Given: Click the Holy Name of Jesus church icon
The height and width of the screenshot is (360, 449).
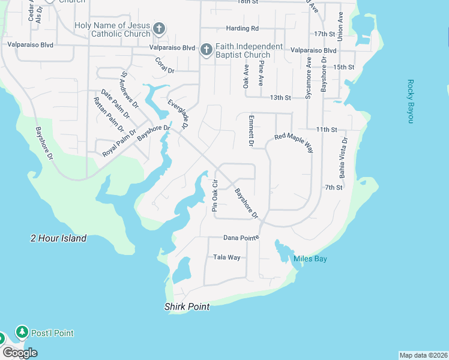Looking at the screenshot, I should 159,28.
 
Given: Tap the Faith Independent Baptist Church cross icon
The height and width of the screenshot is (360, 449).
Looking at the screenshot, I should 206,50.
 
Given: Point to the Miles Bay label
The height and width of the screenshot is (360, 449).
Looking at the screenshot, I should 310,259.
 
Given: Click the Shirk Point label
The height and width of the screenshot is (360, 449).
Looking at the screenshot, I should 187,307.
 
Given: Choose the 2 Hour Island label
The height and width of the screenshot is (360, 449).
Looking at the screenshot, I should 59,238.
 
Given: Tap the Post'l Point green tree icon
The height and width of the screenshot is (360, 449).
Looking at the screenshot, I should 22,332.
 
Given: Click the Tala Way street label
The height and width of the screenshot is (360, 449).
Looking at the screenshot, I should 227,257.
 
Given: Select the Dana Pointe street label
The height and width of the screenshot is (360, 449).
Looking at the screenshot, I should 241,238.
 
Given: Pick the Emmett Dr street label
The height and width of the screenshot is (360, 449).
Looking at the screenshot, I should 252,130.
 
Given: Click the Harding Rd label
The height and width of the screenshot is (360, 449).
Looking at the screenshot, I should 243,28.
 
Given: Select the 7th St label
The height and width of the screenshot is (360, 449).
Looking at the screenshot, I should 334,188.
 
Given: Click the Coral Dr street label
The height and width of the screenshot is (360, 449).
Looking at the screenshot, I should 164,65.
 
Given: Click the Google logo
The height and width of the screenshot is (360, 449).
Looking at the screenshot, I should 20,353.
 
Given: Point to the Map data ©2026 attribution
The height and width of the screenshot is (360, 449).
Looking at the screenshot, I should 423,355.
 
